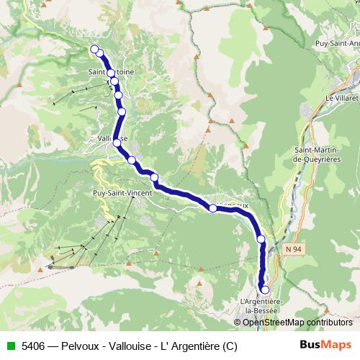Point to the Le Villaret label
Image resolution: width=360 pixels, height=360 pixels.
(x=341, y=97)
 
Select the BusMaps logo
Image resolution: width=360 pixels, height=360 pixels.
(x=326, y=345)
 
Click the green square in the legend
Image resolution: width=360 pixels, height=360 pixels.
(x=11, y=346)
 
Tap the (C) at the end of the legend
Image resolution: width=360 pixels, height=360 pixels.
(x=230, y=346)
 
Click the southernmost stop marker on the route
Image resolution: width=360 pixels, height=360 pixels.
(x=264, y=290)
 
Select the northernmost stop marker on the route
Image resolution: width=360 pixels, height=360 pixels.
(x=94, y=49)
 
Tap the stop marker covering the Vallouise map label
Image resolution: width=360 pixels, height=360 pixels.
(x=115, y=143)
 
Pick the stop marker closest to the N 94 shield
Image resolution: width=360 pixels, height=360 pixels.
(x=261, y=239)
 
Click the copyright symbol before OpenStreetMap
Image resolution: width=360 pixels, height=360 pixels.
(x=238, y=322)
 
